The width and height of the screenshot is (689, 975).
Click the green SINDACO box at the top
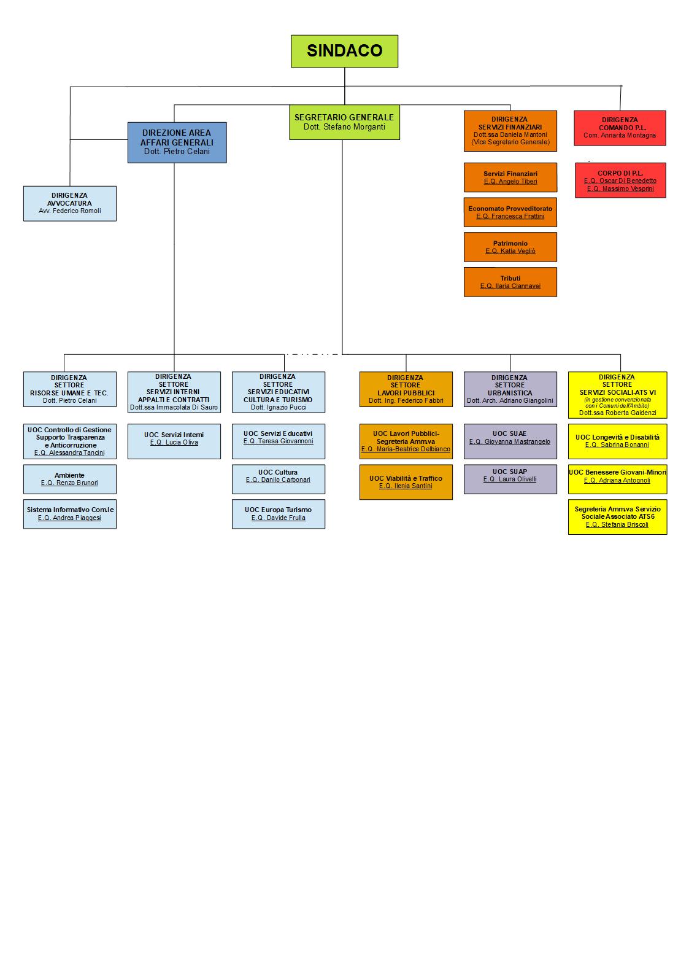point(344,51)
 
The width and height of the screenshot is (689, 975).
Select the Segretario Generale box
point(344,122)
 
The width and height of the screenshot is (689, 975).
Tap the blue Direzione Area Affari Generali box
point(177,142)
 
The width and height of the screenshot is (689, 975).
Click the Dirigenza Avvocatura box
point(69,203)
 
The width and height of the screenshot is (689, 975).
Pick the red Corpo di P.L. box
point(620,181)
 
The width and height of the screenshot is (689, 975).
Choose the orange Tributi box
point(510,282)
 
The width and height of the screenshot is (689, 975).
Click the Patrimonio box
point(510,247)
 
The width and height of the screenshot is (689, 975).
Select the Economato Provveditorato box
point(510,212)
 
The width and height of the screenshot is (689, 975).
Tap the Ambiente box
point(69,479)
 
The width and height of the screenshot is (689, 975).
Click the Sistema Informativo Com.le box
point(69,514)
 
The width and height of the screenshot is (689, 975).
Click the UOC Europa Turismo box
point(278,514)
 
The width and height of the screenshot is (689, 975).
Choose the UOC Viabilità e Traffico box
point(406,482)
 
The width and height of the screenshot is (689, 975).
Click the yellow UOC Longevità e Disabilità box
point(617,441)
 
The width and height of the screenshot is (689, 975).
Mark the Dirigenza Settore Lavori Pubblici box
point(406,389)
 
